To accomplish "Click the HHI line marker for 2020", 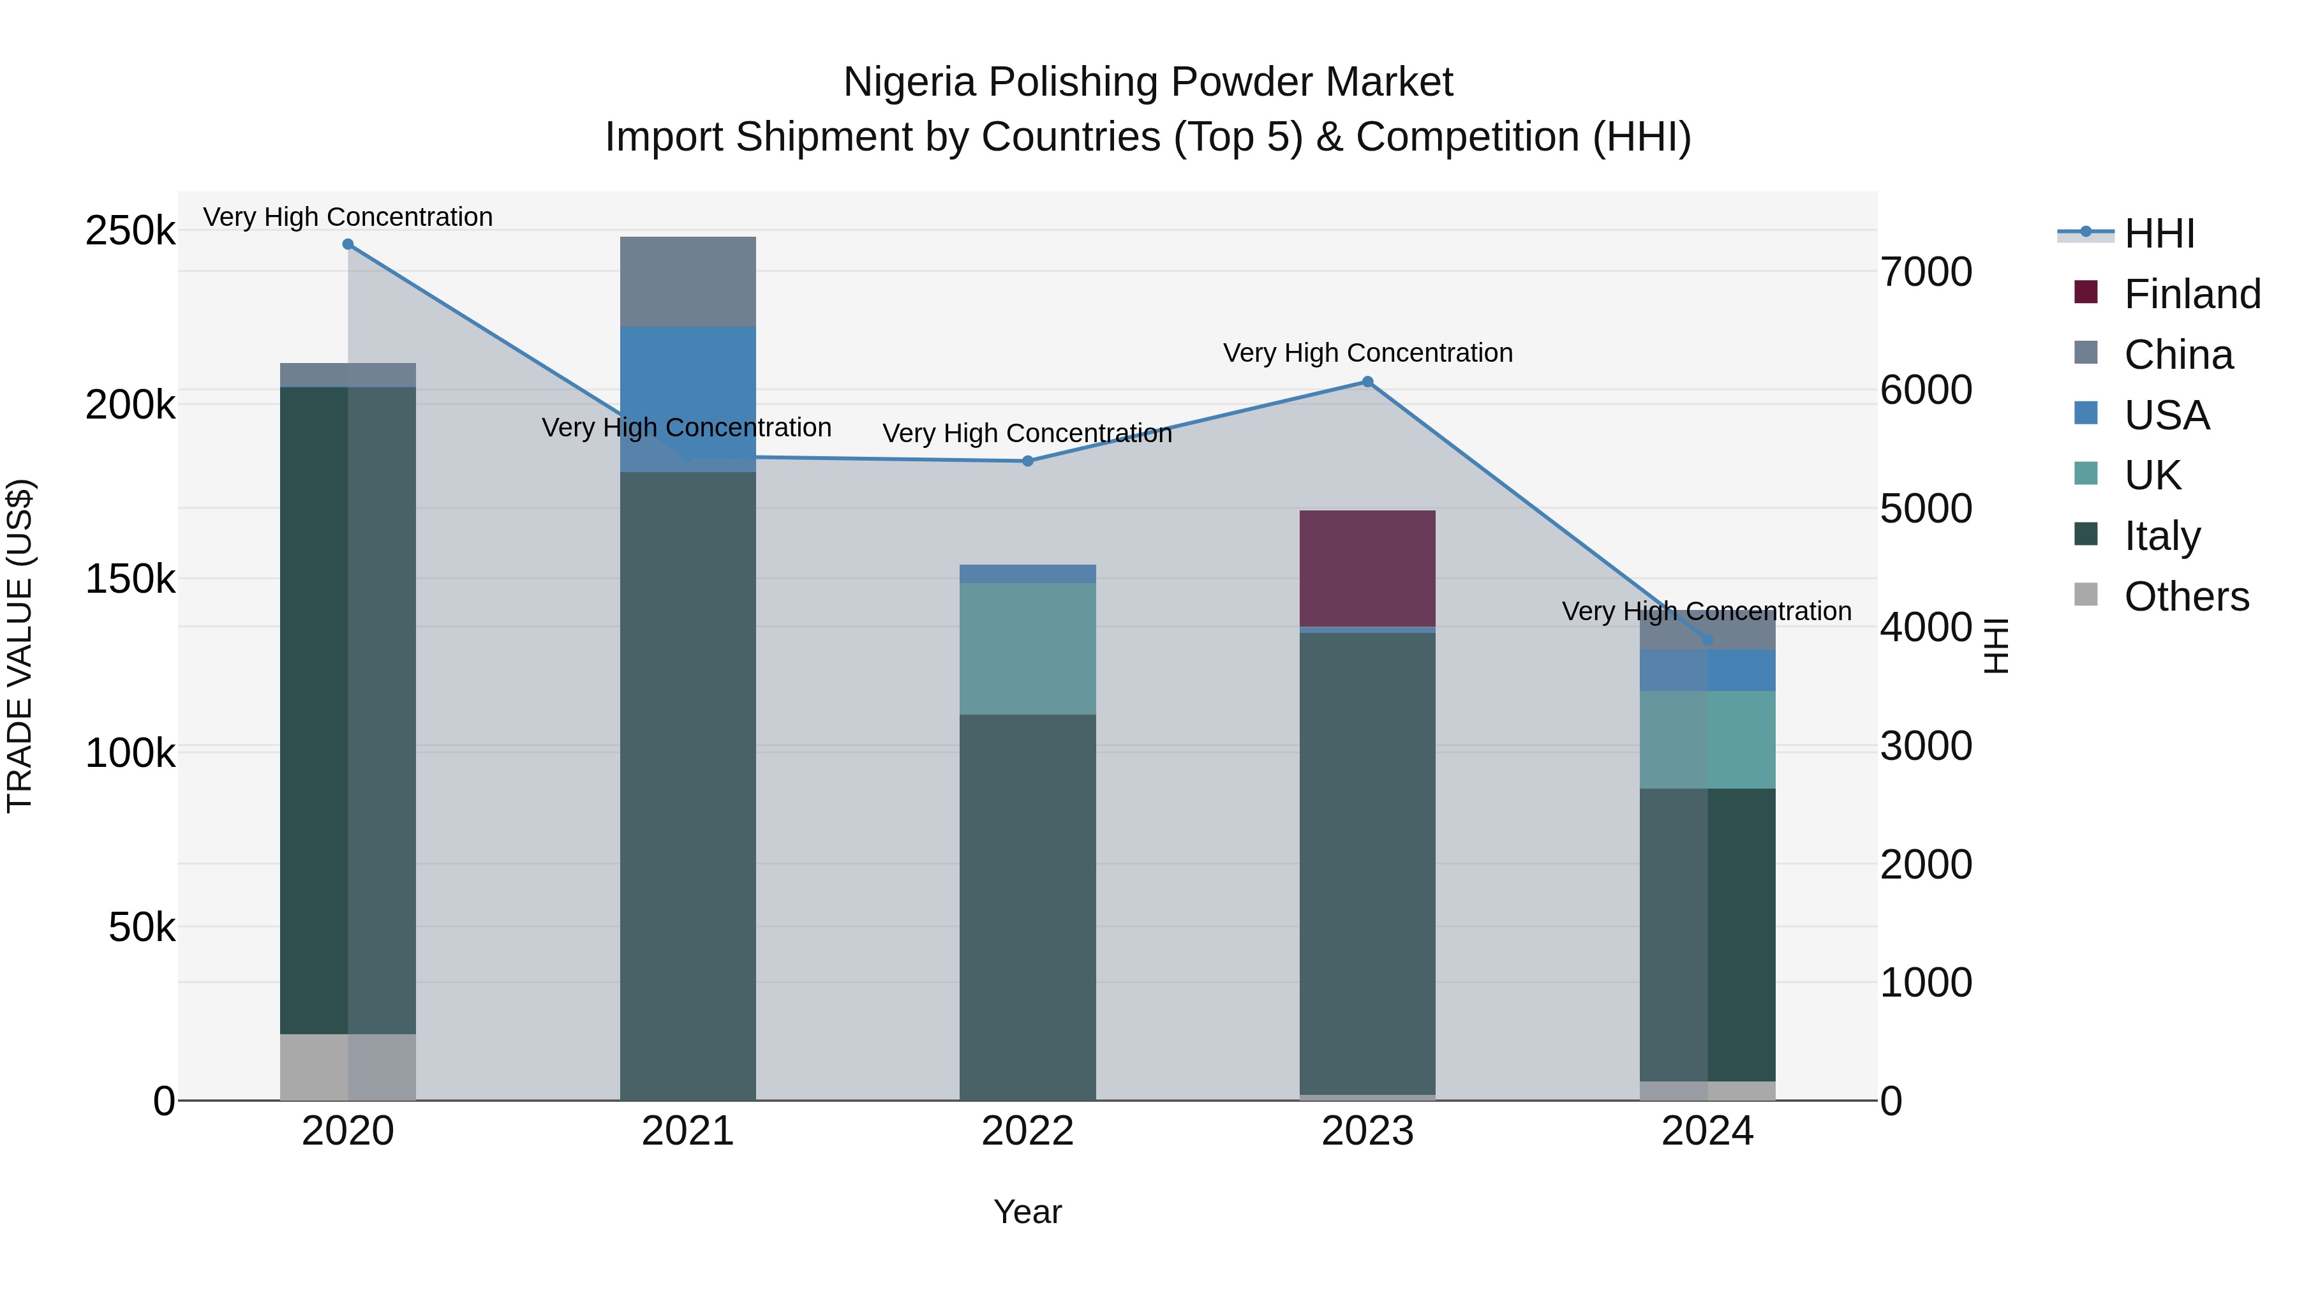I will tap(348, 244).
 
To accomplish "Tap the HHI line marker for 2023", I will tap(1367, 382).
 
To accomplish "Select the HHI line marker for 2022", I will tap(1027, 461).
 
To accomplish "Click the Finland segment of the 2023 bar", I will tap(1367, 569).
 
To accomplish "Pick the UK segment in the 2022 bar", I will tap(1027, 648).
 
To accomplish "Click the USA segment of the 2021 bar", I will tap(687, 392).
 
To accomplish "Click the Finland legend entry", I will tap(2192, 294).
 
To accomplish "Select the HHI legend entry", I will tap(2159, 234).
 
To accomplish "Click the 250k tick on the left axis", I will tap(130, 231).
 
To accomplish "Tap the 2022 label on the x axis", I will tap(1027, 1131).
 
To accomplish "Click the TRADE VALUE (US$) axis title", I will tap(20, 646).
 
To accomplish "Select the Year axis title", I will tap(1027, 1212).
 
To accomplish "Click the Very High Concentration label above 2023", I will tap(1367, 353).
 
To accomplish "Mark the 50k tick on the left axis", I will tap(141, 927).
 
